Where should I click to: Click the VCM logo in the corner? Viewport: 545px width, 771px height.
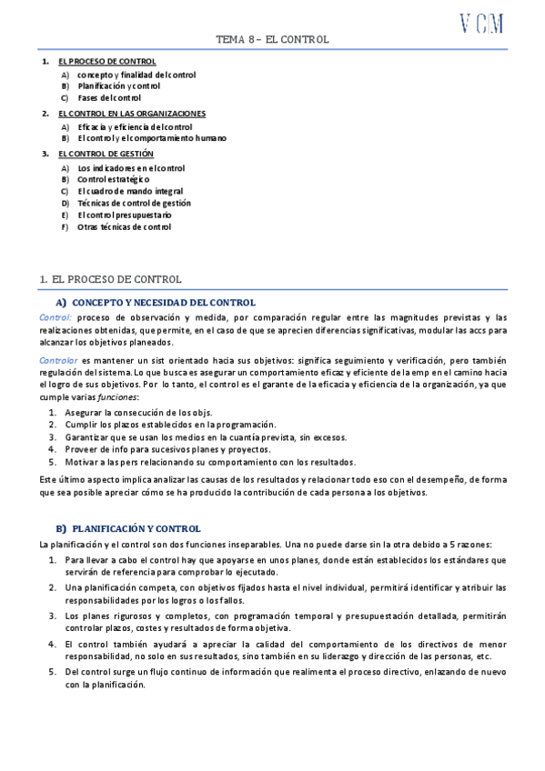coord(481,25)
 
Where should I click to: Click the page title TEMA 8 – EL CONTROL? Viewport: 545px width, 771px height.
coord(272,40)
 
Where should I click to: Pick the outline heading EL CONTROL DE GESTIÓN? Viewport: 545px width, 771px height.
coord(106,155)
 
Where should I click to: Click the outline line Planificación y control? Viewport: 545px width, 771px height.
coord(118,85)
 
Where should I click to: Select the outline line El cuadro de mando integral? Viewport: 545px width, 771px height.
coord(130,192)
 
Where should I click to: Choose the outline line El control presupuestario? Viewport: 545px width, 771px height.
coord(124,215)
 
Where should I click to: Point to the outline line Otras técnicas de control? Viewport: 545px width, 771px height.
coord(124,227)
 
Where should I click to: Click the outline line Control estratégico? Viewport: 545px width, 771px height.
coord(114,180)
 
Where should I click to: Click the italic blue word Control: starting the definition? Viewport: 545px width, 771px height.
coord(56,316)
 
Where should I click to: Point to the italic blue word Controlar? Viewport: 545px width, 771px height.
coord(59,361)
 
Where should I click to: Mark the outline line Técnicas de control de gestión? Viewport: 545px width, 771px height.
coord(134,204)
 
